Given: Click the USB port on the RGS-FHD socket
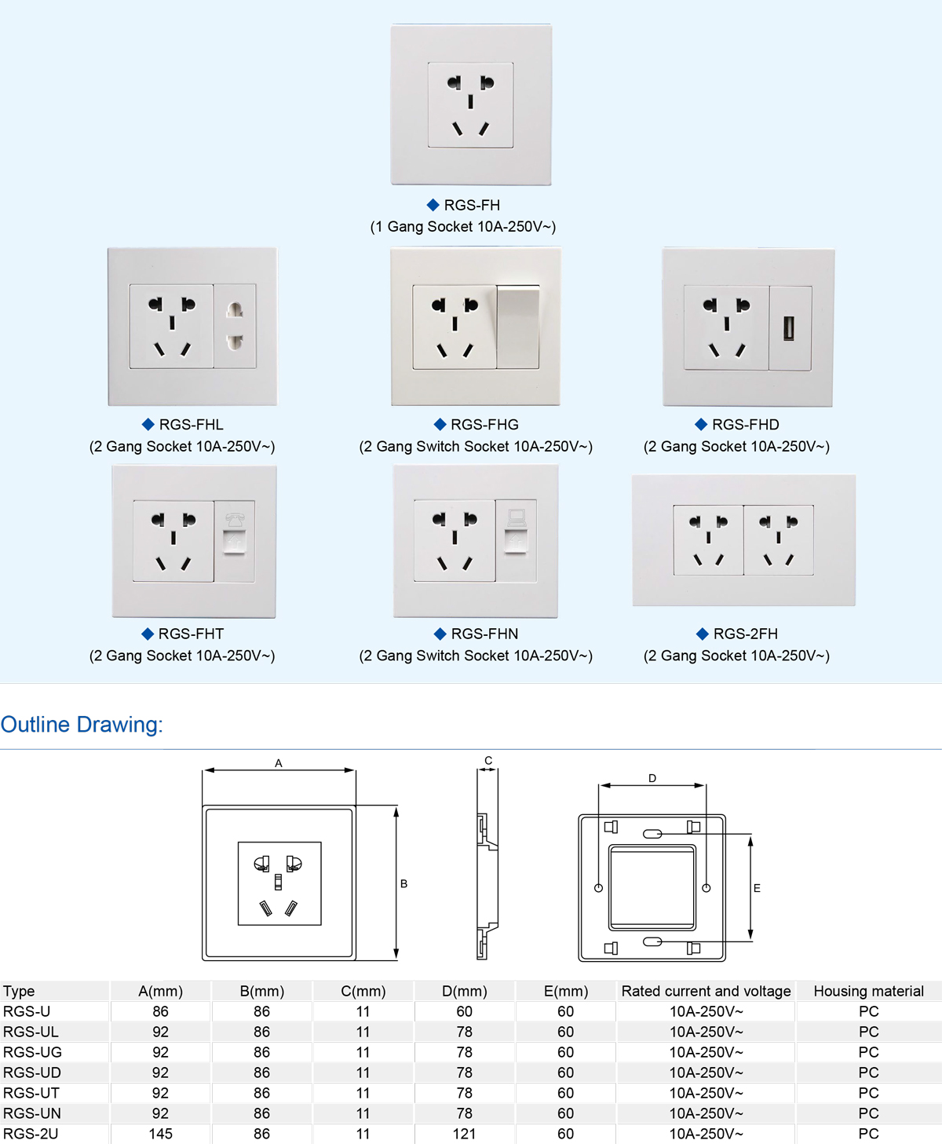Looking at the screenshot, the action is pos(789,328).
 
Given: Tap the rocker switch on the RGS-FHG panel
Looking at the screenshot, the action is pos(518,327).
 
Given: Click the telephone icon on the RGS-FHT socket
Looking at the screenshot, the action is pos(235,519).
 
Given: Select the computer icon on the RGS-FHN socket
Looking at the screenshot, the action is pos(517,517).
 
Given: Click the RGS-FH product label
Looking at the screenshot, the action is pos(472,205).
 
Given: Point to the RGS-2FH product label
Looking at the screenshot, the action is pos(746,634).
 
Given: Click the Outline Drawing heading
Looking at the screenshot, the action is pos(82,724).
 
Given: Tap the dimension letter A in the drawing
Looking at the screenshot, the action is pos(278,763).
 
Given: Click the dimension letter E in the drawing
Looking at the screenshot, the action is pos(757,888).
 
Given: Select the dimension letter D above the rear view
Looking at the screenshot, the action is pos(652,778).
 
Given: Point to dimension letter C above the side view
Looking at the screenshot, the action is pos(488,761).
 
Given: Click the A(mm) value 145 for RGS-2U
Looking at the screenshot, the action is pos(160,1134).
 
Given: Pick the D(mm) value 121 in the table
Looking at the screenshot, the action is pos(464,1134).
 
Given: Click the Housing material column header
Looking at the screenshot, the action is pos(869,991).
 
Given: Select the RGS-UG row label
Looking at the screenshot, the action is pos(32,1052).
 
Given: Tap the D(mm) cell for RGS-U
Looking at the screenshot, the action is pos(465,1011).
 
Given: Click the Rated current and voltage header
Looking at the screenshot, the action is pos(706,991).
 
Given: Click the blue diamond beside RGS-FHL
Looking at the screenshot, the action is pos(148,424).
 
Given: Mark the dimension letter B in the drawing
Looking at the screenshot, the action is pos(403,884).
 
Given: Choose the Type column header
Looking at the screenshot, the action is pos(19,992).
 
